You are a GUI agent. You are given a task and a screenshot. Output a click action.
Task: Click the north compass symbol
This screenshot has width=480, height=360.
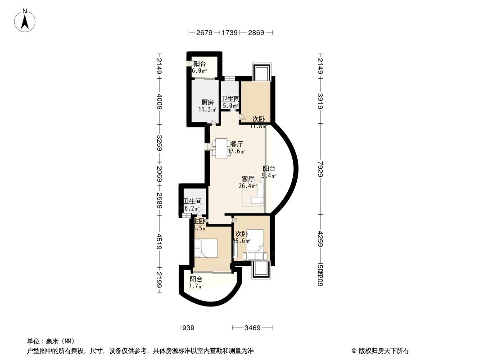[26, 20]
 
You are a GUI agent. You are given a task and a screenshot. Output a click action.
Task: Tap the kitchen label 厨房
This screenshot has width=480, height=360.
[207, 103]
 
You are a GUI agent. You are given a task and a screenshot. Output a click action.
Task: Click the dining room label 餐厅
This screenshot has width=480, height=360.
[237, 144]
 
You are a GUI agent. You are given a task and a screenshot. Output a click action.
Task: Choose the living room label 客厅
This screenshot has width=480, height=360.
[248, 179]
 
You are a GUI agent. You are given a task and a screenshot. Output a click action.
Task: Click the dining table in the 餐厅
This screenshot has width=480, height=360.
[221, 148]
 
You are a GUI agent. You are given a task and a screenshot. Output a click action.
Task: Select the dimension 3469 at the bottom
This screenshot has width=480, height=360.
[253, 328]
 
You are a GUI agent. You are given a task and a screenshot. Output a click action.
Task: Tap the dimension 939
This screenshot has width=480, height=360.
[188, 328]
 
